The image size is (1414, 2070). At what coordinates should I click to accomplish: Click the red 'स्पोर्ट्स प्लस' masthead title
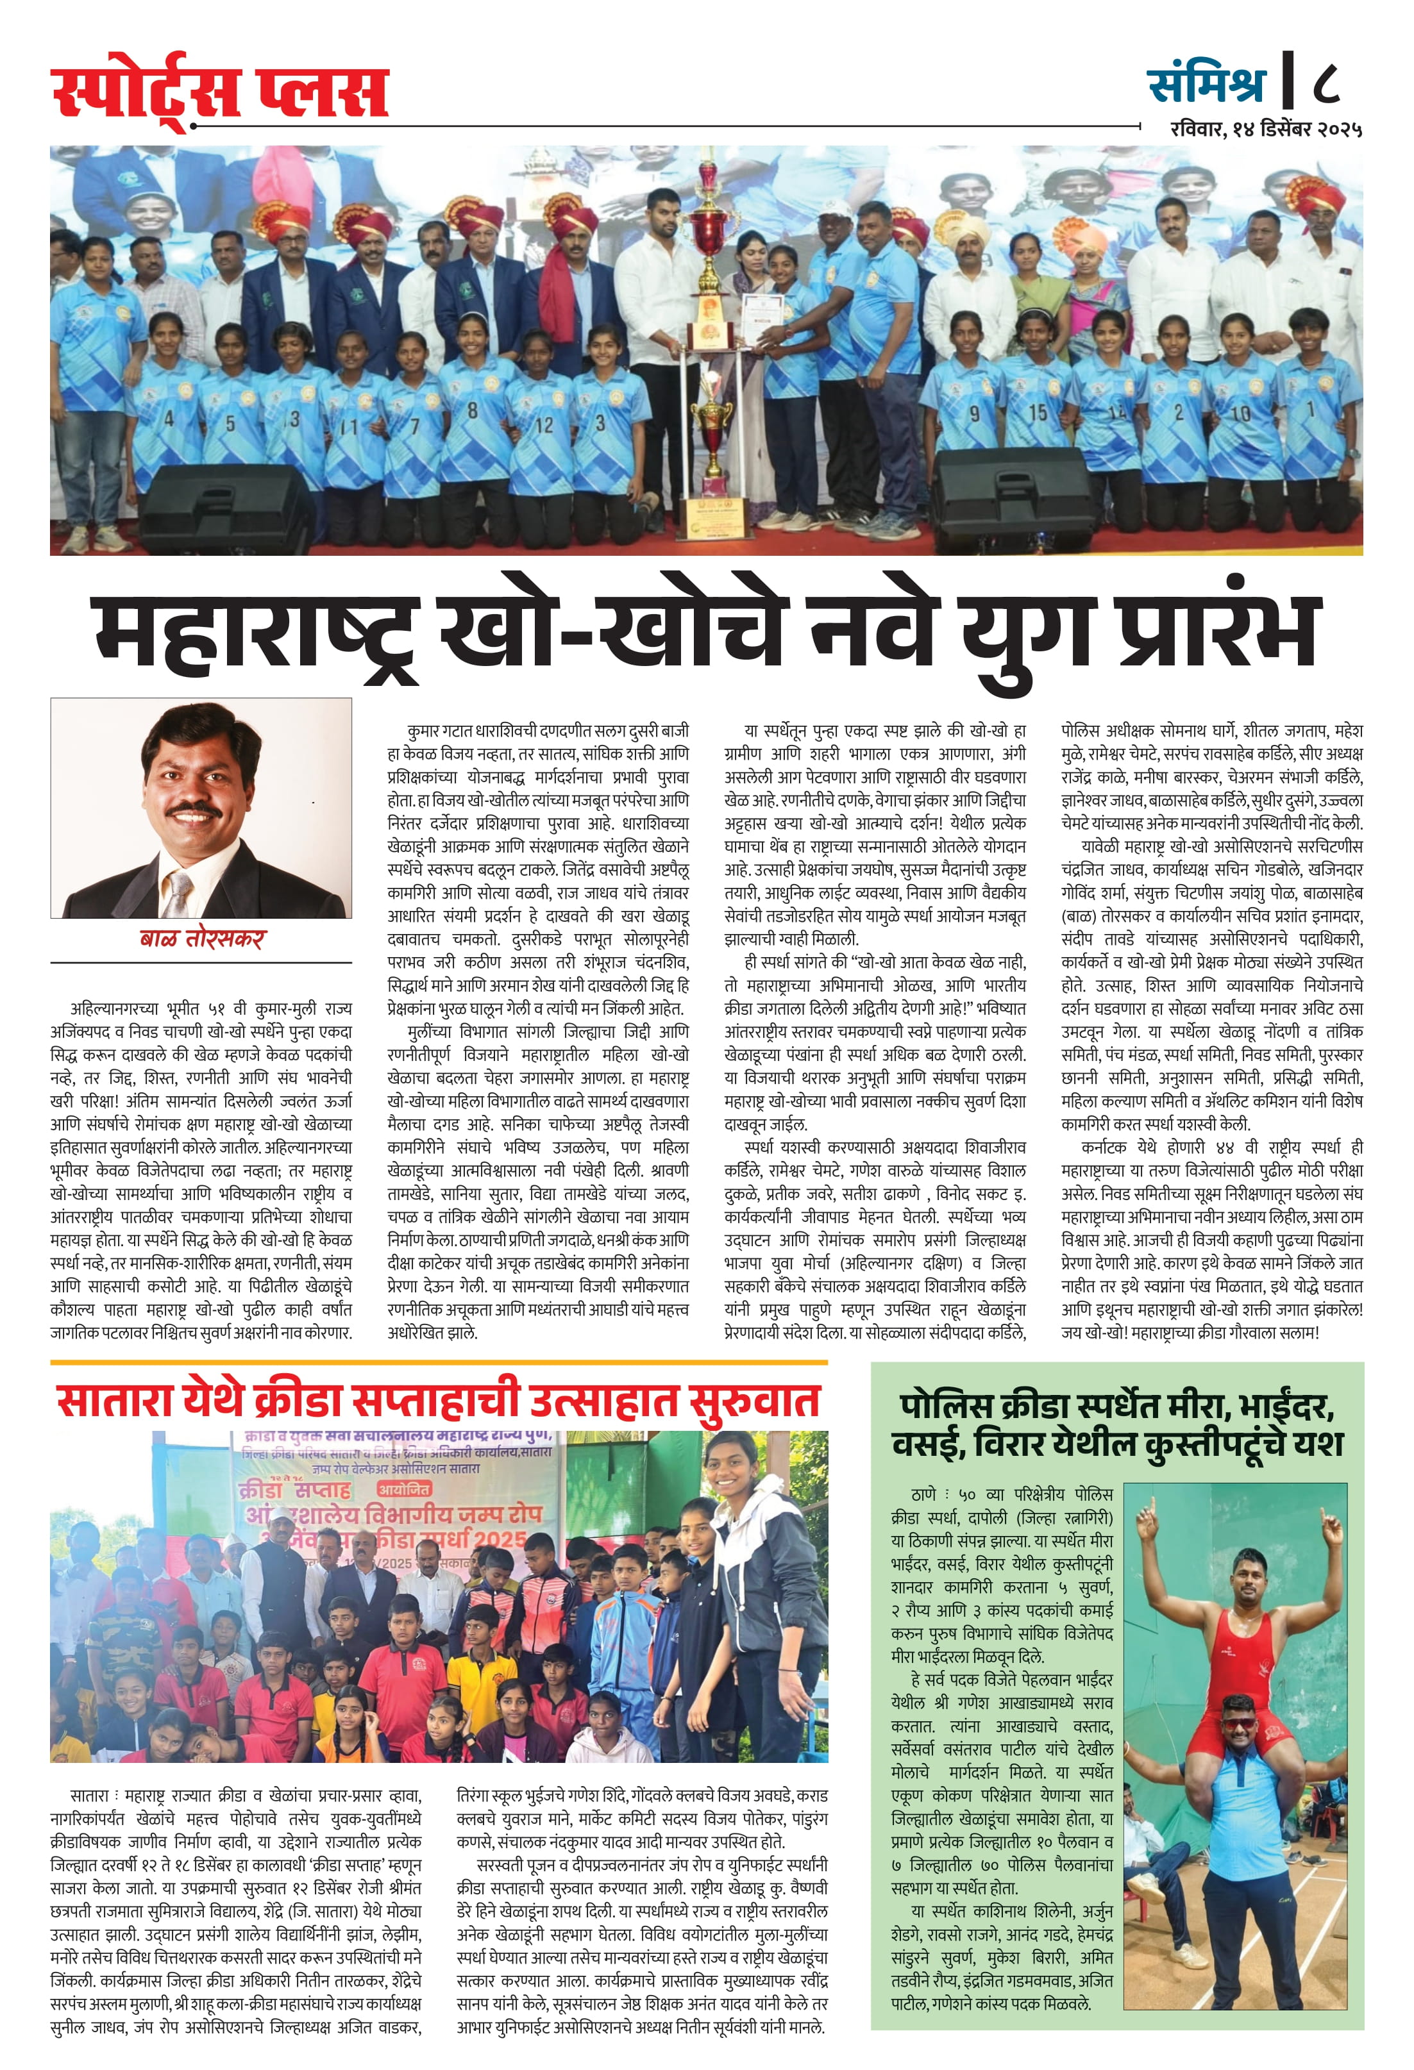point(219,92)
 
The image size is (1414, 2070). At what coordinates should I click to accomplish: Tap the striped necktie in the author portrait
point(181,894)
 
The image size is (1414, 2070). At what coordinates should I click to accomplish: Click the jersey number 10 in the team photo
point(1240,413)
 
